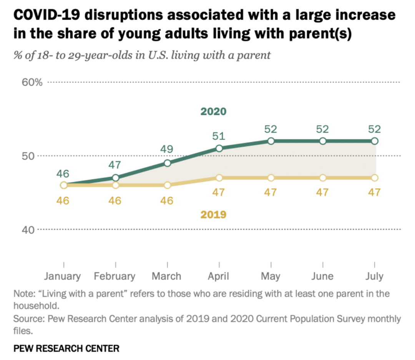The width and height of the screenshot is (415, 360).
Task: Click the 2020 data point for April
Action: [x=219, y=148]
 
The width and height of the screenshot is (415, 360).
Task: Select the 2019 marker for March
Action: [x=167, y=185]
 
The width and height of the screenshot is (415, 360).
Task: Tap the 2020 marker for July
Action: [x=375, y=141]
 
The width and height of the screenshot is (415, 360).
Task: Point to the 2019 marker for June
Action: [x=323, y=178]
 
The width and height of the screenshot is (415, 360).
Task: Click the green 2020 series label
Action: [x=213, y=112]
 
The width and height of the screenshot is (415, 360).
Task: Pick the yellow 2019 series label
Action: [x=213, y=214]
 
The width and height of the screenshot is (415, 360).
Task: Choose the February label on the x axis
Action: [x=115, y=276]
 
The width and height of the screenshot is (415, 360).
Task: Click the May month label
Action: [x=271, y=276]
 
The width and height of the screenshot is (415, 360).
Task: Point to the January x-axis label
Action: [x=62, y=276]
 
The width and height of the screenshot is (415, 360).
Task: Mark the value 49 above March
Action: [x=167, y=149]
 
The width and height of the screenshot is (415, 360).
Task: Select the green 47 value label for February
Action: [x=115, y=165]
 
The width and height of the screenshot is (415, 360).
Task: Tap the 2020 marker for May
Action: [x=271, y=141]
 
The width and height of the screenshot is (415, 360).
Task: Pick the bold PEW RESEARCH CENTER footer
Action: [x=66, y=348]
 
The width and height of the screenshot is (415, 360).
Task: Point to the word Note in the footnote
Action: [x=23, y=294]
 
